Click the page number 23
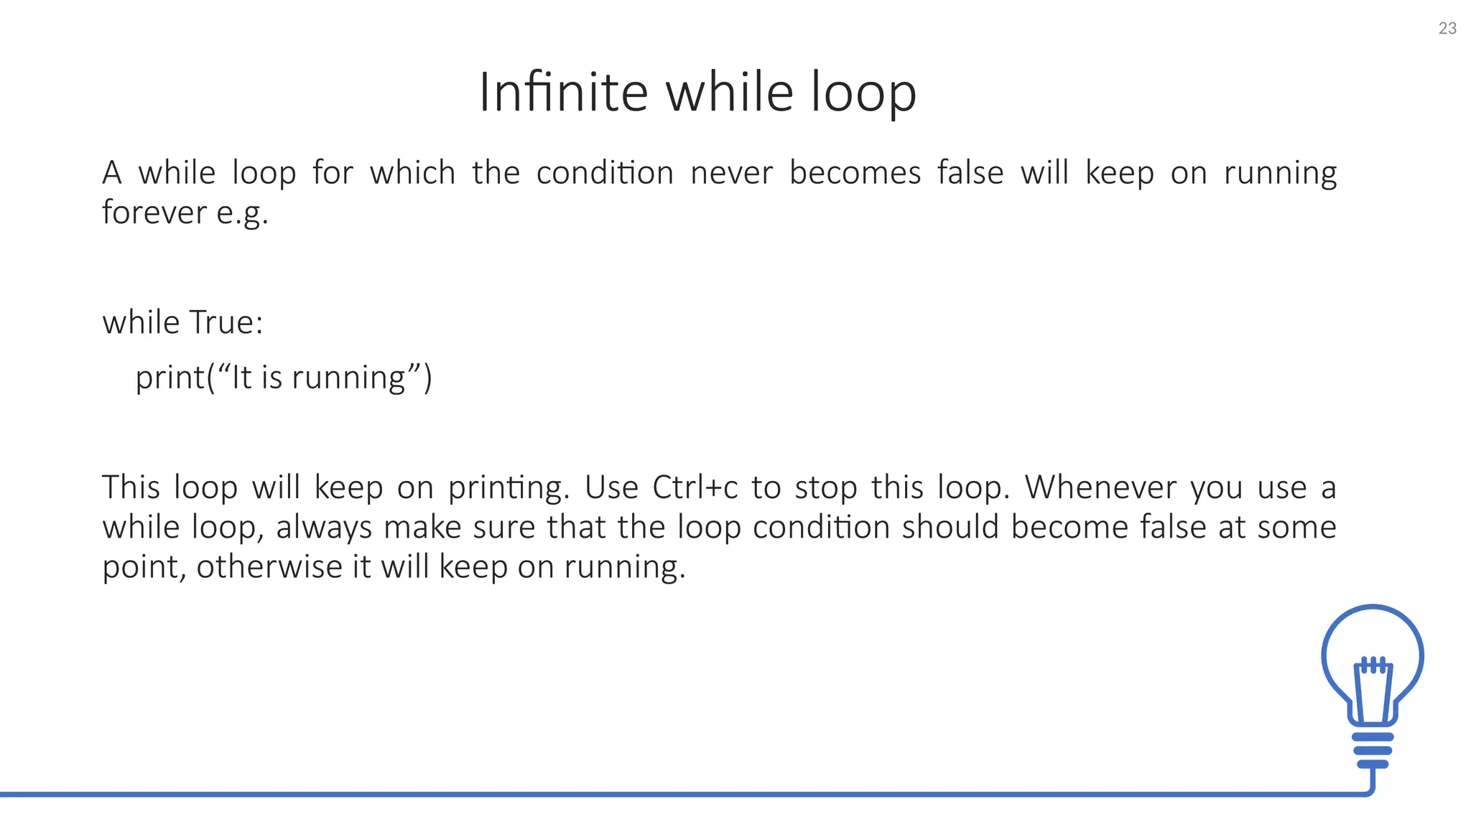click(1447, 29)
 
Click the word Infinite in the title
click(563, 93)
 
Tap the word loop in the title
click(863, 93)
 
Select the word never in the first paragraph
click(731, 173)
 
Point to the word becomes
click(855, 173)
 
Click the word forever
click(154, 212)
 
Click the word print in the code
click(170, 378)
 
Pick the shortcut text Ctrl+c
click(695, 487)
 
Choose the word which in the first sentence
click(412, 173)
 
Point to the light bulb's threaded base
click(1373, 750)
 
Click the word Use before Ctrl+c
click(611, 487)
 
